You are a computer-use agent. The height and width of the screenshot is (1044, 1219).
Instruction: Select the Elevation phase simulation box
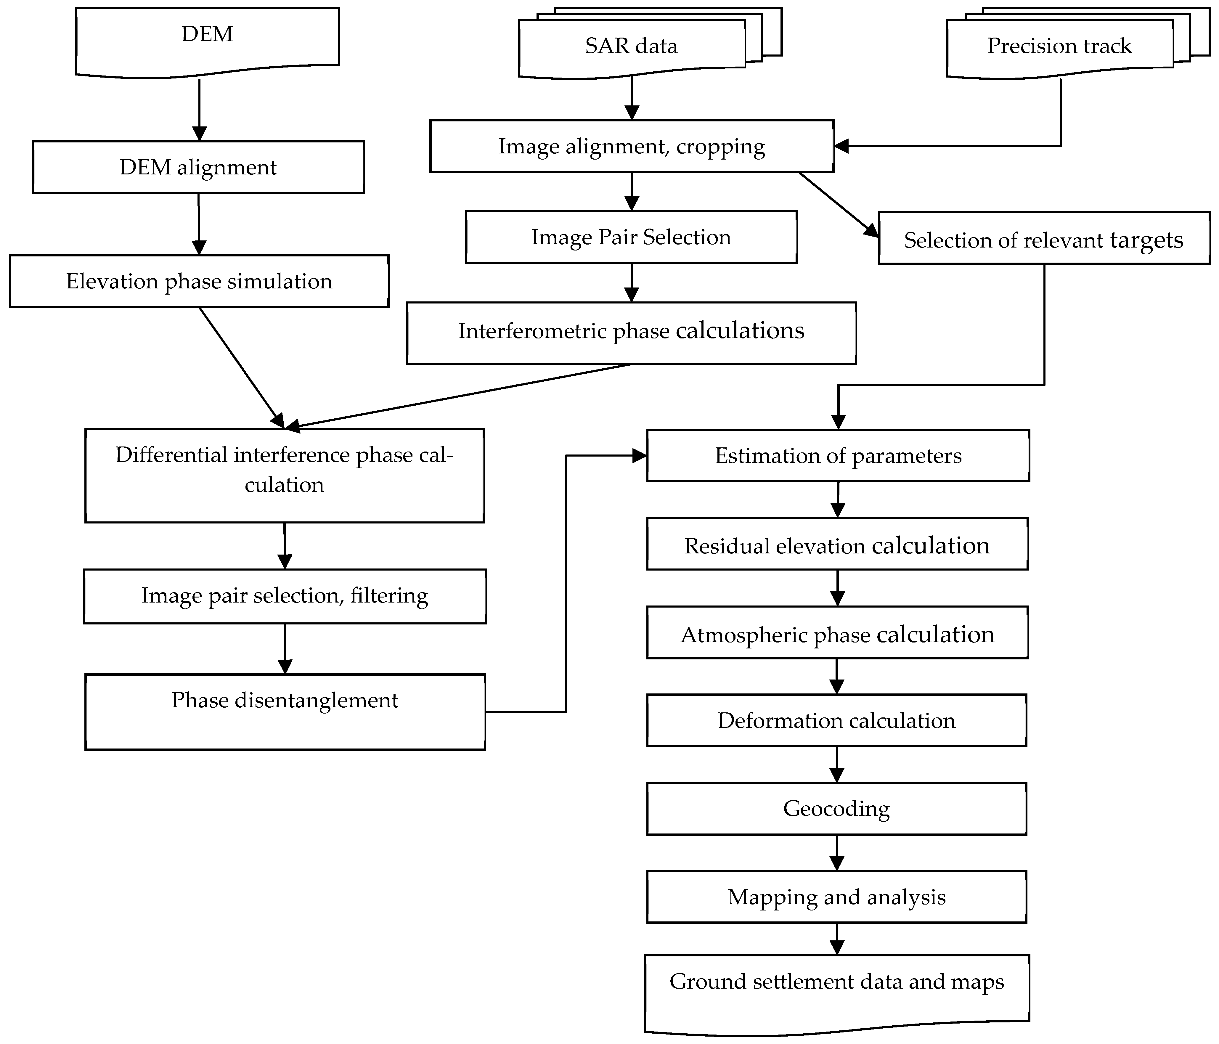tap(199, 281)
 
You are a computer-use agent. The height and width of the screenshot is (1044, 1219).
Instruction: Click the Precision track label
tap(1059, 46)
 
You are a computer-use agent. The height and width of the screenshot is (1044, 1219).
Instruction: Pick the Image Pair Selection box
tap(631, 237)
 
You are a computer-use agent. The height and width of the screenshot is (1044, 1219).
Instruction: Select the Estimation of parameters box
tap(838, 456)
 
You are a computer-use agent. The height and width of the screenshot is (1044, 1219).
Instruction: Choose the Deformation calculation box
tap(836, 720)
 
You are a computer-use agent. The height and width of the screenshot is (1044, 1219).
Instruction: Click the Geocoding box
tap(836, 809)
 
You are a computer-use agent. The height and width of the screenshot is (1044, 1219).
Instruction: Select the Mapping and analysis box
tap(836, 897)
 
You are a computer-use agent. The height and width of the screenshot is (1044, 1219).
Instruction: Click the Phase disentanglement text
tap(285, 700)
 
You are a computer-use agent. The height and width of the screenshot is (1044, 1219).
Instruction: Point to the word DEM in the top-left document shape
tap(207, 34)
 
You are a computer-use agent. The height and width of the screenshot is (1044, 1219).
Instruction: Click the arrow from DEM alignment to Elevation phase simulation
tap(199, 224)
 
